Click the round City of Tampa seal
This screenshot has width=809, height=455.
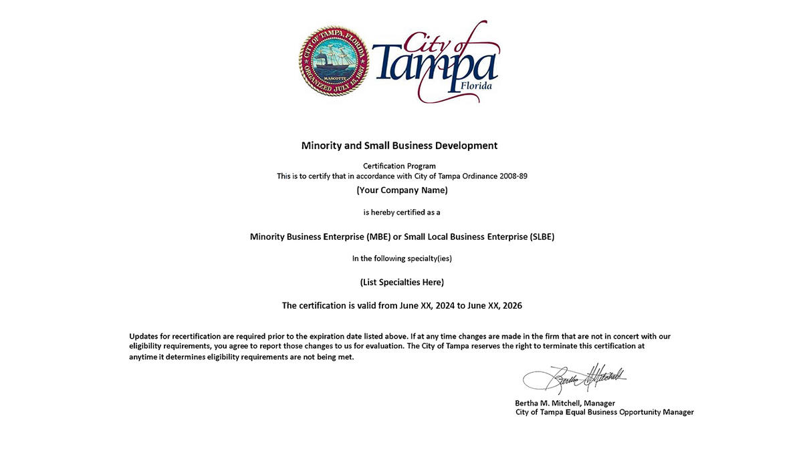click(x=334, y=61)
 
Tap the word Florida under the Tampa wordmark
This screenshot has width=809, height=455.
click(x=476, y=86)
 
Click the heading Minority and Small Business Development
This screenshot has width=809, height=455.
click(x=399, y=146)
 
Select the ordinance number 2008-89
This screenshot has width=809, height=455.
click(x=513, y=176)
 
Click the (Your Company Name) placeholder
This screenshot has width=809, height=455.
click(x=402, y=190)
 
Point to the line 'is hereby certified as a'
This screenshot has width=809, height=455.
click(x=402, y=212)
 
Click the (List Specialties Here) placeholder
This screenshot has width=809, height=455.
click(x=402, y=282)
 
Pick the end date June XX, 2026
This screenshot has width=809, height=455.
click(x=495, y=306)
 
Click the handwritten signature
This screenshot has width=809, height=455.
click(x=575, y=380)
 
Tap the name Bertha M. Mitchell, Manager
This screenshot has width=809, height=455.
click(x=565, y=403)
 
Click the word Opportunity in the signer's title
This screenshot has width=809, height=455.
click(x=640, y=412)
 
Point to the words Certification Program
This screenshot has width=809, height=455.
click(x=399, y=166)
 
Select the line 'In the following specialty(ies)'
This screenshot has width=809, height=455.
click(x=402, y=259)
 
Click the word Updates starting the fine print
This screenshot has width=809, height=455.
click(x=144, y=336)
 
